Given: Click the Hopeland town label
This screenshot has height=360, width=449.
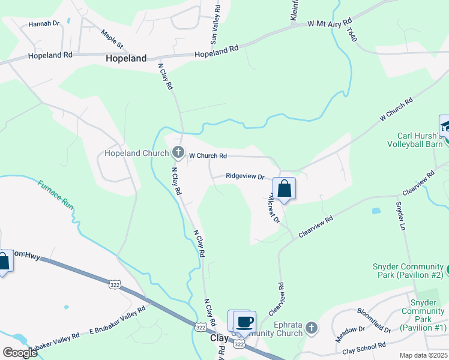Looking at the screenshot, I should (x=126, y=59).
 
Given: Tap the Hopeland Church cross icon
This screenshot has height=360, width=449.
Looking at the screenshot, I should (x=178, y=153).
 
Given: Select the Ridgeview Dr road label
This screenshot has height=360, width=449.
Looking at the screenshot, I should (x=245, y=176).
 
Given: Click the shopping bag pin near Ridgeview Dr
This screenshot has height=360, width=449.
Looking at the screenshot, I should (x=284, y=189).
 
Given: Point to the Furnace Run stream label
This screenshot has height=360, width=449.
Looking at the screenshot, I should (x=56, y=194).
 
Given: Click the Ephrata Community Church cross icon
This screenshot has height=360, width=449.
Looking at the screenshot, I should (x=310, y=328).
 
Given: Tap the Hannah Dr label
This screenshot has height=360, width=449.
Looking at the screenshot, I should (x=44, y=24).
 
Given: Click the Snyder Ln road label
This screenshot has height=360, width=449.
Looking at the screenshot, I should (x=401, y=215).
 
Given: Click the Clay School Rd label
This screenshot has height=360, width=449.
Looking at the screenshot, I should (x=364, y=348).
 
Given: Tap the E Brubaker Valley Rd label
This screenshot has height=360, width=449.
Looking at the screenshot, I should (x=117, y=322).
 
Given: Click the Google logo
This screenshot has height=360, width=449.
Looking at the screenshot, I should (x=19, y=352).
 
